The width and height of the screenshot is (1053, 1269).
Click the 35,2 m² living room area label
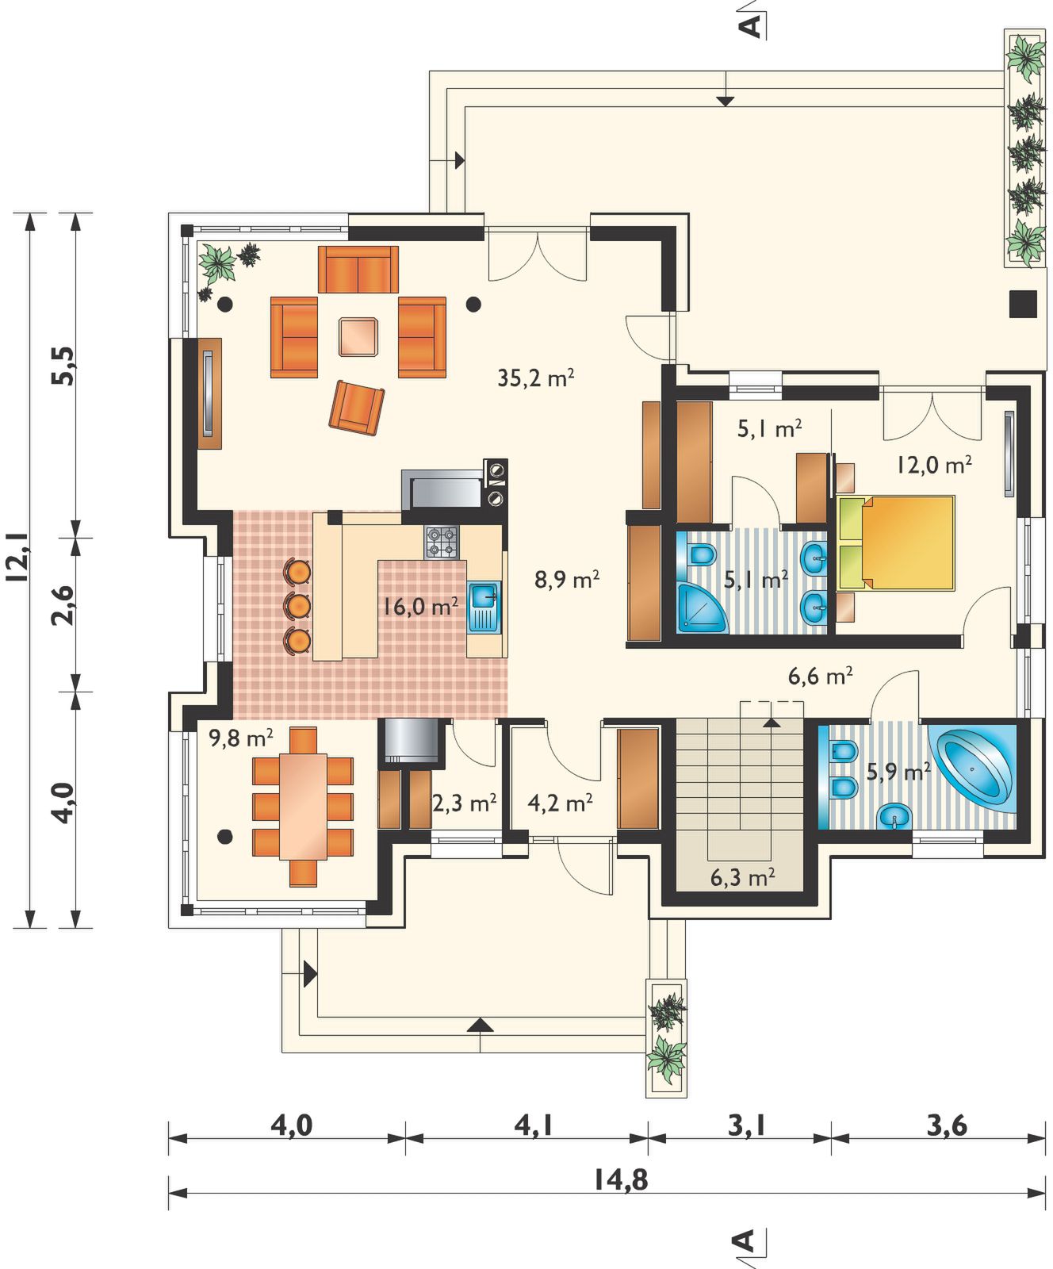click(535, 378)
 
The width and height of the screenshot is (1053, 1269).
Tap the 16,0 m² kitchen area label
click(420, 607)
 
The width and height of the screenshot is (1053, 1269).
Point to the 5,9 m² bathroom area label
click(898, 771)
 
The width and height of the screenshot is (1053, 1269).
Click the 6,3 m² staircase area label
click(742, 877)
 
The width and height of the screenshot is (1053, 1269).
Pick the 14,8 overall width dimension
click(621, 1180)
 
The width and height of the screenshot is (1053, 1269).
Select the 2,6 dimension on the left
click(63, 604)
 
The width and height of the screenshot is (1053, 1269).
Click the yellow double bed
click(896, 542)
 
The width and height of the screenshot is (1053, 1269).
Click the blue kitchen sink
click(483, 607)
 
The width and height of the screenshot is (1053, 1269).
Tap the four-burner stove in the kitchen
click(442, 542)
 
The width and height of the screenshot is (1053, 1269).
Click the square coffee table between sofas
click(358, 337)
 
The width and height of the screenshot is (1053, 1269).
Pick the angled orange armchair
click(357, 407)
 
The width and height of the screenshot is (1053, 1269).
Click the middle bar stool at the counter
click(297, 605)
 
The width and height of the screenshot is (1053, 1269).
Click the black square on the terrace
click(1023, 305)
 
